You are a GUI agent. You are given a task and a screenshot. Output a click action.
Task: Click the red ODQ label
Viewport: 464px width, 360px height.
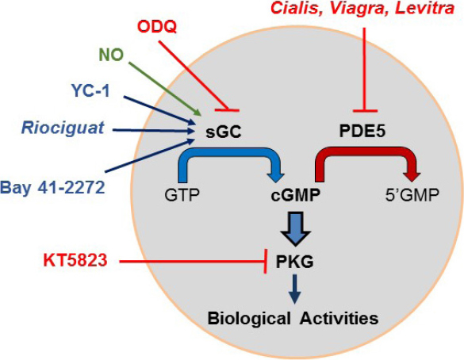158,27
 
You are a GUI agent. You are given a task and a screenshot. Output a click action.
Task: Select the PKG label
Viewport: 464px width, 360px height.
290,259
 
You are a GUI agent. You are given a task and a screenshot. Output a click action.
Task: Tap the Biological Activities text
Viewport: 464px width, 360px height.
292,318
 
